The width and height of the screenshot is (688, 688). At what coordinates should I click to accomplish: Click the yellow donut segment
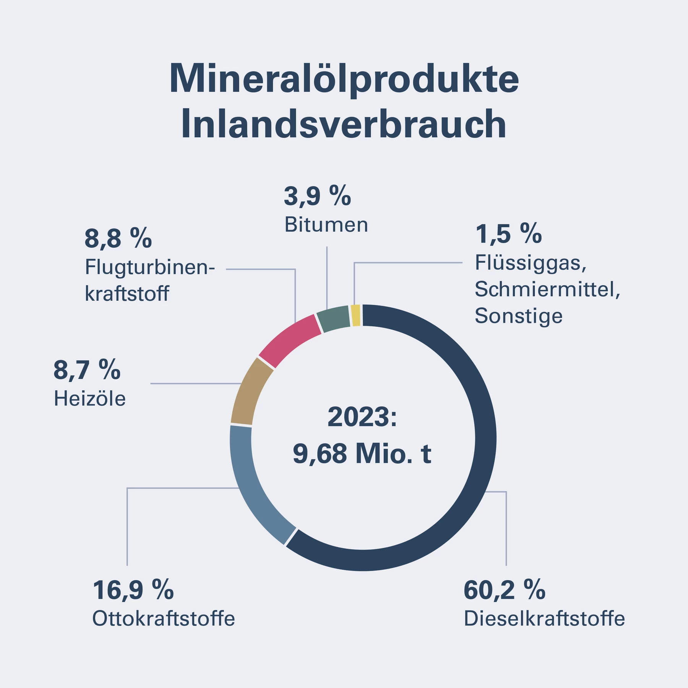pyautogui.click(x=355, y=315)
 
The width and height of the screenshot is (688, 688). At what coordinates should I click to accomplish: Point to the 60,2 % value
pyautogui.click(x=504, y=590)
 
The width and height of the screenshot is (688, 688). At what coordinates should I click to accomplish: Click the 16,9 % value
pyautogui.click(x=133, y=590)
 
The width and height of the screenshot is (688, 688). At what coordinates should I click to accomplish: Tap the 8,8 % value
pyautogui.click(x=118, y=238)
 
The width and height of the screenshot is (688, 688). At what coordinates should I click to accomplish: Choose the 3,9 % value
pyautogui.click(x=317, y=196)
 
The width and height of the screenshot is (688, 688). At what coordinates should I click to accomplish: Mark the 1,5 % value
pyautogui.click(x=508, y=234)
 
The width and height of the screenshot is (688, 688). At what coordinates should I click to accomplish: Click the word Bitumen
pyautogui.click(x=326, y=225)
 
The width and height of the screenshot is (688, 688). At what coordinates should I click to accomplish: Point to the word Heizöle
pyautogui.click(x=90, y=399)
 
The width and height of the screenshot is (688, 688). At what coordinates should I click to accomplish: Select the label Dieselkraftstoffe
pyautogui.click(x=544, y=619)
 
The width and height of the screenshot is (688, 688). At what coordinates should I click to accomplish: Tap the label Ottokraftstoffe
pyautogui.click(x=164, y=619)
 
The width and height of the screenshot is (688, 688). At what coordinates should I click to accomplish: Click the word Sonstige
pyautogui.click(x=519, y=316)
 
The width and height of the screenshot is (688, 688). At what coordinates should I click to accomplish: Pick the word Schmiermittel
pyautogui.click(x=547, y=289)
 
